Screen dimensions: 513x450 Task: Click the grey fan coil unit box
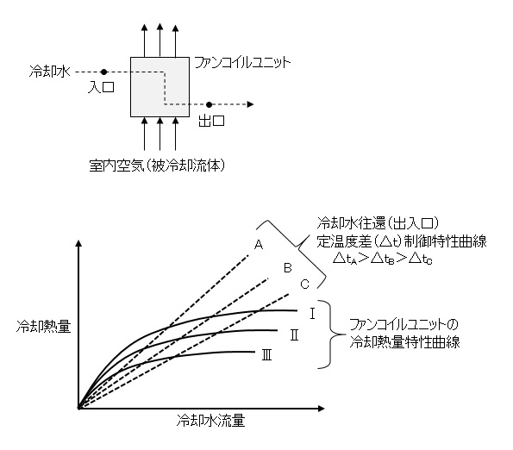click(x=160, y=87)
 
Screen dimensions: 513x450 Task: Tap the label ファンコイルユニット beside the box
click(x=242, y=62)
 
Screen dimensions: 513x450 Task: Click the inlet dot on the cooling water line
click(x=103, y=72)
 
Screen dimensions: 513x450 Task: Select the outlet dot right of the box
click(x=209, y=104)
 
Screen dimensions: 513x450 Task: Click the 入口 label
click(x=101, y=87)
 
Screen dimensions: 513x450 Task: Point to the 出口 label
click(x=211, y=121)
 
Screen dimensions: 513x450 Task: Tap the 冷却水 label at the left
click(x=50, y=71)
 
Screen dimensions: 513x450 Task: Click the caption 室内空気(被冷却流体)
click(x=158, y=166)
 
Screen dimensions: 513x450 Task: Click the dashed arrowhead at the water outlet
click(x=250, y=104)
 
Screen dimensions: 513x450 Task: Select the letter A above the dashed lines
click(x=259, y=245)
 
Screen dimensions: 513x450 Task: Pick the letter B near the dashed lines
click(x=288, y=268)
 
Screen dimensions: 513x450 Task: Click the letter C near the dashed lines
click(x=304, y=284)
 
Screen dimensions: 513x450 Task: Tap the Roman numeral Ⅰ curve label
click(x=312, y=314)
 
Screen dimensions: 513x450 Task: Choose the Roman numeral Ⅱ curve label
click(x=294, y=335)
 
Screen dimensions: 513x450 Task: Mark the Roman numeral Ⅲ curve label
click(x=266, y=355)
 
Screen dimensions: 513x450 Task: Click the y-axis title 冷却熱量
click(x=43, y=327)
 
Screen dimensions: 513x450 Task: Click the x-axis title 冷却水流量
click(x=210, y=420)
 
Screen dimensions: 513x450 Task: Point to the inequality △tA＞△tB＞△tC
click(x=383, y=259)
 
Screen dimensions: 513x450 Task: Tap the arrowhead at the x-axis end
click(x=321, y=408)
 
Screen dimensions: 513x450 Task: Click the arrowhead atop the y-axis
click(x=78, y=244)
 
